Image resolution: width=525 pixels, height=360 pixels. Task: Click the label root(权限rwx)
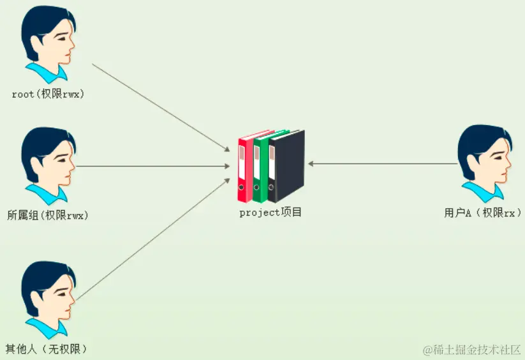48,94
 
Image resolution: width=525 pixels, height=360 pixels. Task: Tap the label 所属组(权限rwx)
47,215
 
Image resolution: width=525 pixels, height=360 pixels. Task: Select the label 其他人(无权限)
46,349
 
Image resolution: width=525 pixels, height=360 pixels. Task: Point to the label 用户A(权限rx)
483,213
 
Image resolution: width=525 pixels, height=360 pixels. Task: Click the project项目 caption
270,213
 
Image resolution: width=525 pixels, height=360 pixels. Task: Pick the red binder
245,167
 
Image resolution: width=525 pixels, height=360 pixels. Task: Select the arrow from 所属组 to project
153,166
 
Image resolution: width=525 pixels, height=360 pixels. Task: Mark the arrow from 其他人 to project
153,239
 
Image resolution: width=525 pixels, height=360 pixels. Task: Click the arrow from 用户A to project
383,163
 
